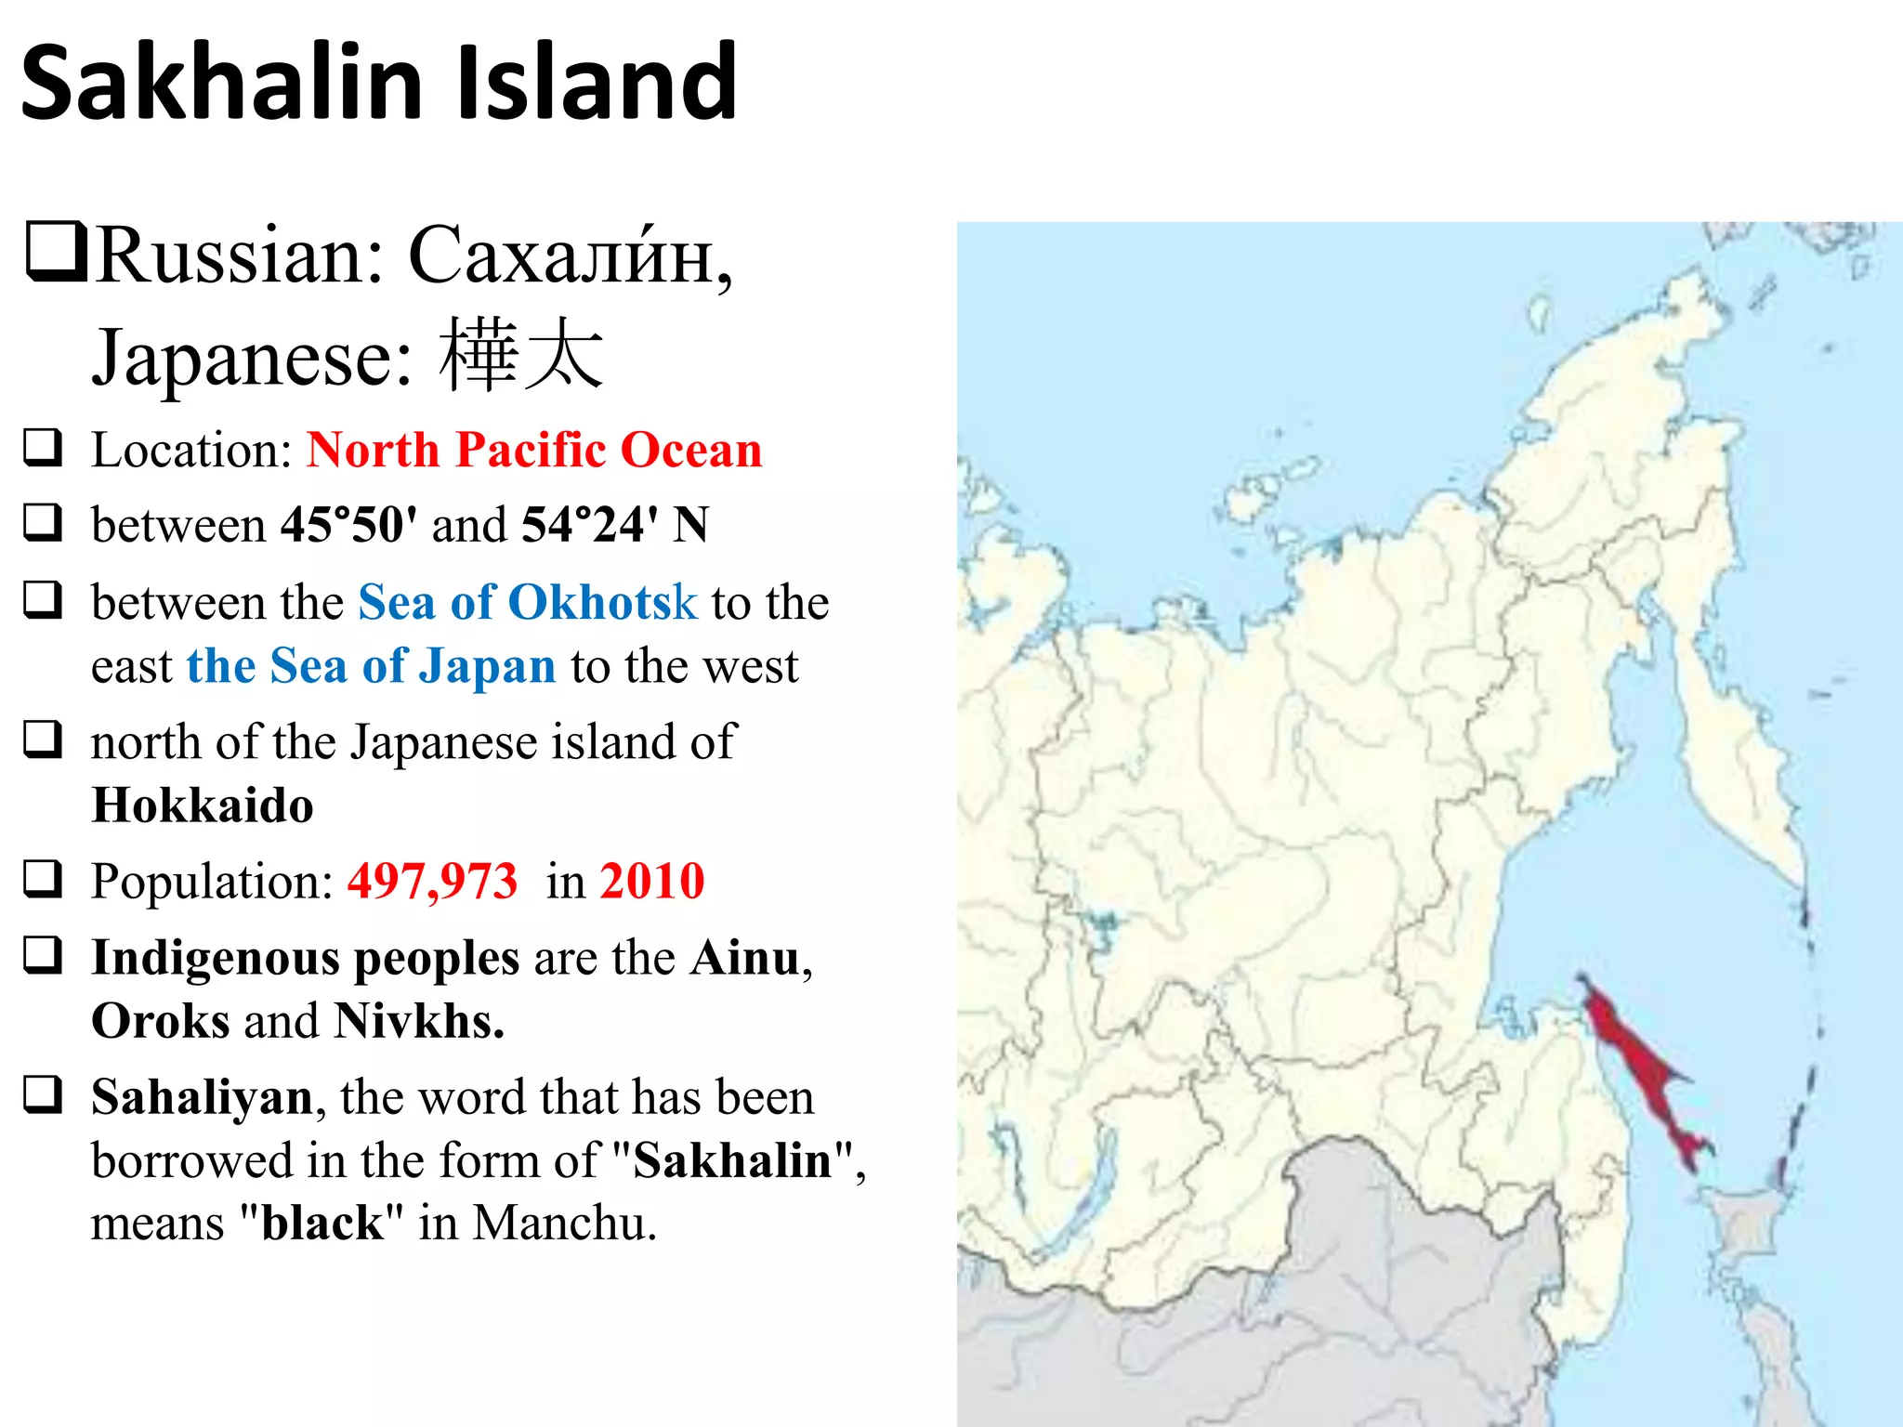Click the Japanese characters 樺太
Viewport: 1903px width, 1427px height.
(x=521, y=356)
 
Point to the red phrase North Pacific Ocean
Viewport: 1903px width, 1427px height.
(x=534, y=450)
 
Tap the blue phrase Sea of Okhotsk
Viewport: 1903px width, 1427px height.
(x=527, y=602)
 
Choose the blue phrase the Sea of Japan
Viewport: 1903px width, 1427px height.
(x=371, y=666)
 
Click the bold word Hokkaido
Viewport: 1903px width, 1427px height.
(x=203, y=805)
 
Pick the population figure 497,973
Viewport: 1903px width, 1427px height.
(x=432, y=881)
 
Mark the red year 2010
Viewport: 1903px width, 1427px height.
(x=652, y=881)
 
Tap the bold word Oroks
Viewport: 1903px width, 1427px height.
(x=160, y=1021)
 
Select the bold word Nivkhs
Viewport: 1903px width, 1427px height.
(x=418, y=1021)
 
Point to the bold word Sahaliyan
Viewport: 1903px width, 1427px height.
(x=203, y=1097)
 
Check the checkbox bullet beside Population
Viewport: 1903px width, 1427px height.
(x=43, y=879)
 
